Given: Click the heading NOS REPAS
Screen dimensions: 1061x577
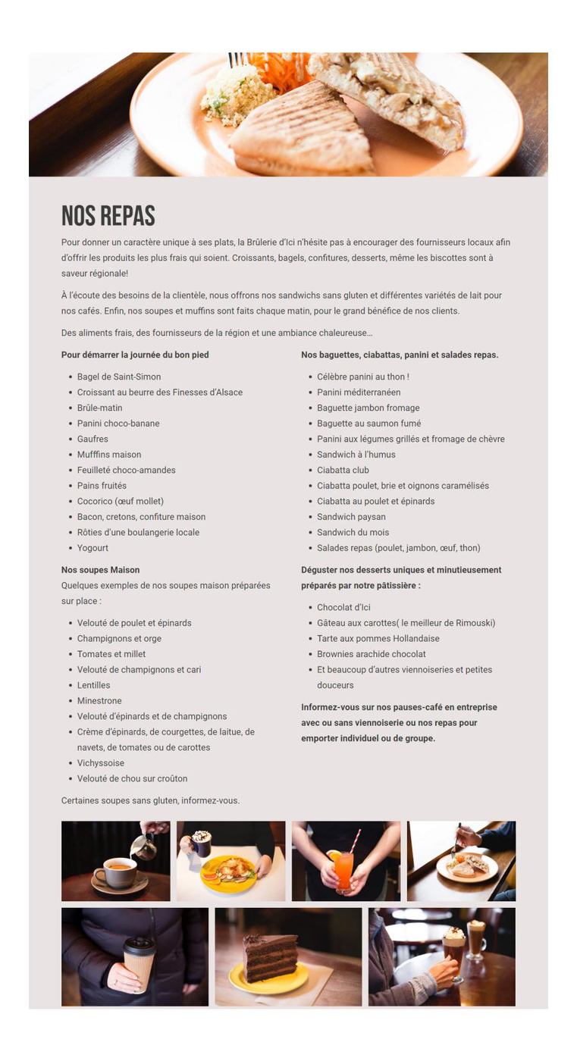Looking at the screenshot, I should pyautogui.click(x=108, y=216).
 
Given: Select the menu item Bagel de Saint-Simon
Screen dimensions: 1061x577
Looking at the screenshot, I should pyautogui.click(x=119, y=377).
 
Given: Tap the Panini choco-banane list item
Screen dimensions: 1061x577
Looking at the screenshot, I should pyautogui.click(x=118, y=424).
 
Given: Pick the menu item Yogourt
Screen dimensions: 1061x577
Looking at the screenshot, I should pyautogui.click(x=93, y=548).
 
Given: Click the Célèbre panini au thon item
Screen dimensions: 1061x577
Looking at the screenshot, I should pyautogui.click(x=362, y=377).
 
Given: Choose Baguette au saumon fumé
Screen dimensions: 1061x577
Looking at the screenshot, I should pyautogui.click(x=368, y=424).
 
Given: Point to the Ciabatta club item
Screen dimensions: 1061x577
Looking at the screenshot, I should pyautogui.click(x=343, y=470).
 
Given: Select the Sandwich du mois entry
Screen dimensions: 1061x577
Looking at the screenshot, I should pyautogui.click(x=353, y=532).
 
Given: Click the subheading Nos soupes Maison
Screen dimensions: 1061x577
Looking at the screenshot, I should pyautogui.click(x=100, y=570).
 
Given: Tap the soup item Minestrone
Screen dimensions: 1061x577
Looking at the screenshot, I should pyautogui.click(x=99, y=701).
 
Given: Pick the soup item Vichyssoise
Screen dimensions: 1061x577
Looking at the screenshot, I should pyautogui.click(x=101, y=763).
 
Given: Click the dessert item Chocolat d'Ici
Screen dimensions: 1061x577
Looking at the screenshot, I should pyautogui.click(x=343, y=607).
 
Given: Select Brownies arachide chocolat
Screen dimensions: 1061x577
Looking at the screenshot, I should pyautogui.click(x=371, y=654).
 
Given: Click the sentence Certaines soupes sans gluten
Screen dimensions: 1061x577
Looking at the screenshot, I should pyautogui.click(x=150, y=800).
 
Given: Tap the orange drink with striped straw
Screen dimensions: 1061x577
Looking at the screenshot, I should pyautogui.click(x=343, y=871).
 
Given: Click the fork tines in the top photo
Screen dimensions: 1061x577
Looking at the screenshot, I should pyautogui.click(x=236, y=58).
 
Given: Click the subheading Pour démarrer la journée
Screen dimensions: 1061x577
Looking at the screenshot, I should pyautogui.click(x=135, y=355).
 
